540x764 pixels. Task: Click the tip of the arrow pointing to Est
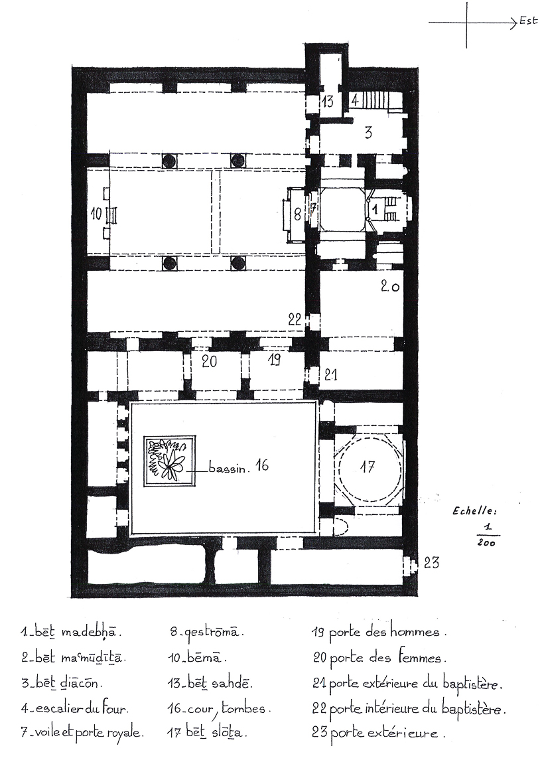click(x=516, y=22)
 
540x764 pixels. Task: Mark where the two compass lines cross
click(x=466, y=23)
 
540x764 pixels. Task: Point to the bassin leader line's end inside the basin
click(x=170, y=471)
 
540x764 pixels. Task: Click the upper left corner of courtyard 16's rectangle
click(x=131, y=403)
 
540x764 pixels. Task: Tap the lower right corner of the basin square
click(x=196, y=485)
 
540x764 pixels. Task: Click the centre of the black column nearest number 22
click(x=237, y=263)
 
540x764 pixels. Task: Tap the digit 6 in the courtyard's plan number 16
click(x=265, y=465)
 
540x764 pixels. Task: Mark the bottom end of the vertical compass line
click(x=466, y=48)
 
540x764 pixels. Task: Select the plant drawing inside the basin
click(x=169, y=459)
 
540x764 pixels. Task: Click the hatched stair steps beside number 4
click(x=375, y=102)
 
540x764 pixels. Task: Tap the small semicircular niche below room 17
click(x=341, y=528)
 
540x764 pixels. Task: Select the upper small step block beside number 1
click(x=391, y=200)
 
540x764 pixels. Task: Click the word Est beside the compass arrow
click(x=528, y=21)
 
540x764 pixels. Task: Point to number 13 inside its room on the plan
click(x=327, y=102)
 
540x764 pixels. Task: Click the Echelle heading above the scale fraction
click(x=475, y=511)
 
